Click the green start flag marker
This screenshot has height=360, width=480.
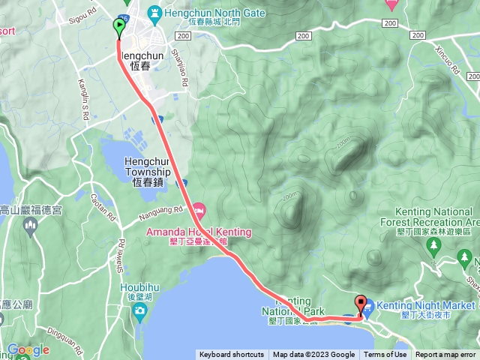click(x=120, y=27)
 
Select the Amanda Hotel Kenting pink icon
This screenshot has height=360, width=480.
click(x=198, y=208)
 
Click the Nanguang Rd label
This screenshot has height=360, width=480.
click(x=161, y=215)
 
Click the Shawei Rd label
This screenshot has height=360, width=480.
click(x=118, y=259)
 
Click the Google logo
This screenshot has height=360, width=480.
click(x=28, y=349)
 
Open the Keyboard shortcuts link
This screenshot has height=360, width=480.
click(x=231, y=355)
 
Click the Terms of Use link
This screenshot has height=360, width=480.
click(x=385, y=355)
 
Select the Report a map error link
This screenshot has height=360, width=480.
click(x=445, y=355)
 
